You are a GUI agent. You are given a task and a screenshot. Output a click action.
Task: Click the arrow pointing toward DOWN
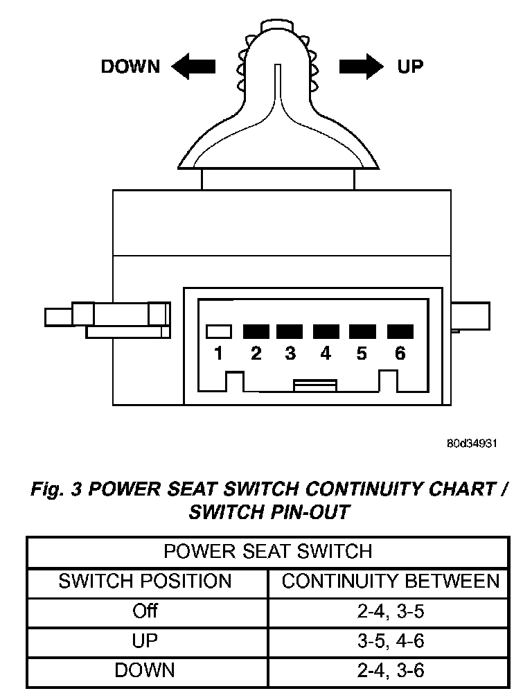(x=193, y=67)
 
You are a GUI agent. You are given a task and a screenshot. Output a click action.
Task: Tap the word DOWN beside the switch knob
(x=130, y=67)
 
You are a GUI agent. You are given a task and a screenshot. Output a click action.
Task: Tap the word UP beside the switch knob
(x=410, y=67)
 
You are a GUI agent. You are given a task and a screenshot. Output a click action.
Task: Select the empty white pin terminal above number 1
(x=219, y=331)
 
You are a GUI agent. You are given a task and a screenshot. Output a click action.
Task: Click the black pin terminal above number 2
(x=256, y=331)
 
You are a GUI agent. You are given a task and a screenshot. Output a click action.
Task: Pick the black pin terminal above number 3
(x=290, y=331)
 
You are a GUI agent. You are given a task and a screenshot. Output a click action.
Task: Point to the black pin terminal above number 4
(x=326, y=331)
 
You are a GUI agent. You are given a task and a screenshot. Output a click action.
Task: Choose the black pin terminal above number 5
(x=362, y=331)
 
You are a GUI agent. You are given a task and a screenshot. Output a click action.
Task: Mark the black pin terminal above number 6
(x=400, y=331)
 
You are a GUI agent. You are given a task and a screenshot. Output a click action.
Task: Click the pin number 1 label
(x=219, y=353)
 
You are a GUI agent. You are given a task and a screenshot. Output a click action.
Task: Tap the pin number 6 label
(x=400, y=353)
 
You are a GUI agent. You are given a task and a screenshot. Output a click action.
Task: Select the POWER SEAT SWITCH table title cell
(x=267, y=552)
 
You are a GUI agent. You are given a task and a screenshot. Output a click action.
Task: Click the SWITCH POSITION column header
(x=145, y=581)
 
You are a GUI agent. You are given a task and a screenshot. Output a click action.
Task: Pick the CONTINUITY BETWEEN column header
(x=390, y=581)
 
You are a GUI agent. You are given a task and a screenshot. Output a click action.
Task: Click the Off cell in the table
(x=145, y=611)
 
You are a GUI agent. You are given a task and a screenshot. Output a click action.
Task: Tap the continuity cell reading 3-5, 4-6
(x=390, y=640)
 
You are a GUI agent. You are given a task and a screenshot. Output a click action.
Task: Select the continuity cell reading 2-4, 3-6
(x=390, y=670)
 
